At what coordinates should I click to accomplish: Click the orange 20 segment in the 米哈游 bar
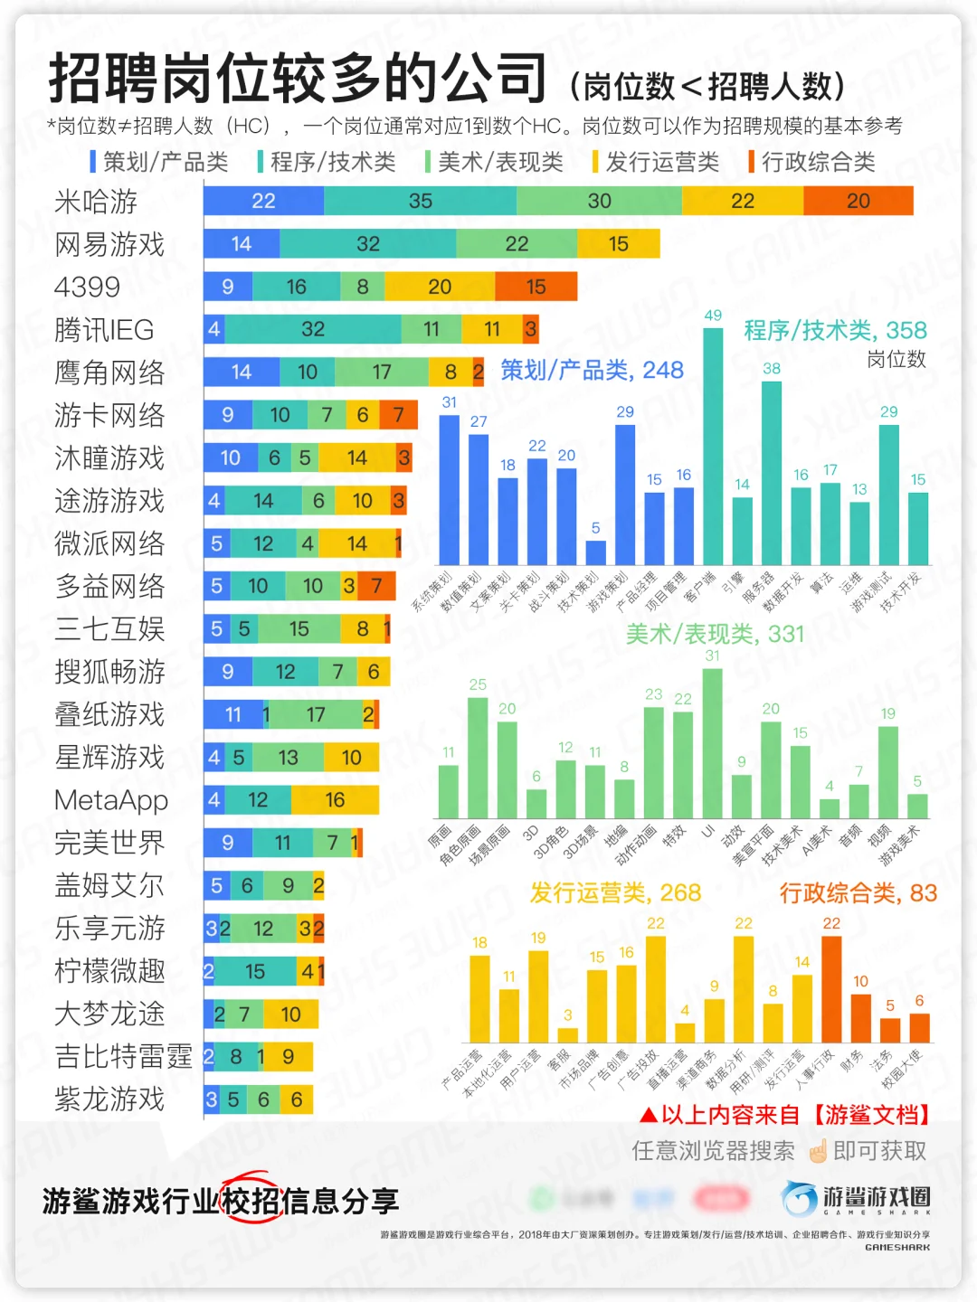coord(858,201)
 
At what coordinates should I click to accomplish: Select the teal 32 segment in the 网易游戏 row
coord(367,244)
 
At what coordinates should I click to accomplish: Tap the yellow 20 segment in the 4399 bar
coord(440,287)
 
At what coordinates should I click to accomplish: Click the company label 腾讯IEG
coord(104,330)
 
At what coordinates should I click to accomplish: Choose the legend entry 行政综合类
coord(817,162)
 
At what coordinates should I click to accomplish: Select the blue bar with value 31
coord(449,489)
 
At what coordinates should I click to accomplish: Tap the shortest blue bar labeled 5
coord(595,552)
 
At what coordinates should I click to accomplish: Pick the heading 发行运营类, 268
coord(615,893)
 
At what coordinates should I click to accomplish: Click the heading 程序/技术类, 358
coord(835,330)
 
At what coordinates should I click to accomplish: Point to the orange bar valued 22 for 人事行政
coord(830,989)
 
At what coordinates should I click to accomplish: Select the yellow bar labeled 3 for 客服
coord(567,1035)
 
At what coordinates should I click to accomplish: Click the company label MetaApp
coord(111,800)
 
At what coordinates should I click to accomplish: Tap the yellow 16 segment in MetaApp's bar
coord(335,800)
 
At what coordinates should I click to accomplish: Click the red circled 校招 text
coord(251,1201)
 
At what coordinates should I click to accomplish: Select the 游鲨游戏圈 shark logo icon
coord(800,1199)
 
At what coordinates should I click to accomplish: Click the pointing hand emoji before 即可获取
coord(818,1151)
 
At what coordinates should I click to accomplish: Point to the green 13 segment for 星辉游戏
coord(288,758)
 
